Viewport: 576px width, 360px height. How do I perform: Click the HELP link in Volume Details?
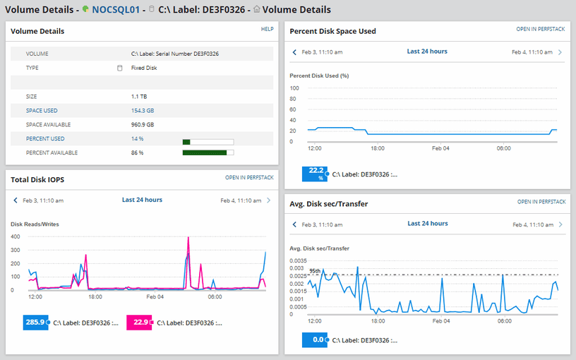267,30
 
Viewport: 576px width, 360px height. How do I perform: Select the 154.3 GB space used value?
143,111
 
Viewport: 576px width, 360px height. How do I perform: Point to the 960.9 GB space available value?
143,125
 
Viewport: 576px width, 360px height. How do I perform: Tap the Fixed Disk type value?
144,68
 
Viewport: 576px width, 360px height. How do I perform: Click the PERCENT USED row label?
45,139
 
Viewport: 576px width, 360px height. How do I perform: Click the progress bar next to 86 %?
208,152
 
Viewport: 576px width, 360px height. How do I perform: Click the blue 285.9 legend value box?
35,323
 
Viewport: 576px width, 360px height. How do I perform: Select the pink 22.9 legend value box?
138,323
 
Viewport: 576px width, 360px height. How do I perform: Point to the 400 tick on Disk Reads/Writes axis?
15,236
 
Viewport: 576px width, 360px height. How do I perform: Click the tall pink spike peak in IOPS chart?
188,239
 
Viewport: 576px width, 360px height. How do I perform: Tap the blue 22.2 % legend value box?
315,174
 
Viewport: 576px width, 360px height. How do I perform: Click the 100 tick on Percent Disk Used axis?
295,88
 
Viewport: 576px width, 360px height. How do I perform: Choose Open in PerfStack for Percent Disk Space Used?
541,30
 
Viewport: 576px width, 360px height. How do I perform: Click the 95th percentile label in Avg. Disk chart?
315,271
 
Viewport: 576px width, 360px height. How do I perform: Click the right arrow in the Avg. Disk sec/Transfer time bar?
560,224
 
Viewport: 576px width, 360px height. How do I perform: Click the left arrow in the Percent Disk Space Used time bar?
295,52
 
